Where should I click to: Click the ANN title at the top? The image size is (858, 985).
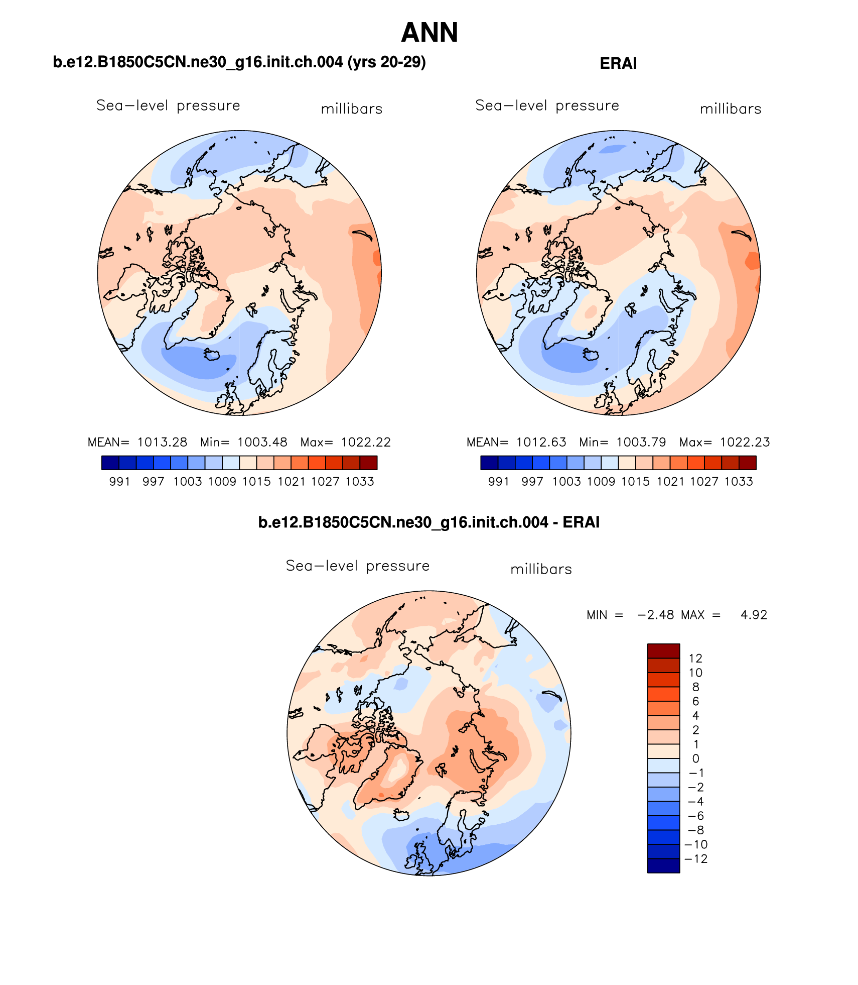click(x=430, y=33)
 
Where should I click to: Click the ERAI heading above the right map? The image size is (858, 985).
click(x=618, y=64)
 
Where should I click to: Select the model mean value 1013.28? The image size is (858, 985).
click(x=162, y=442)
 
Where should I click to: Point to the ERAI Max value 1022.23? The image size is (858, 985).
click(x=745, y=442)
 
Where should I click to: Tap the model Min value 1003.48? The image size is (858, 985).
click(x=262, y=442)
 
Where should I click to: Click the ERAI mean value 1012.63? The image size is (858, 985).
click(x=541, y=442)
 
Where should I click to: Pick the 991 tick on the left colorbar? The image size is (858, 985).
click(x=119, y=481)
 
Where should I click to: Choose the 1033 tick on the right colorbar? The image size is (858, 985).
click(x=739, y=481)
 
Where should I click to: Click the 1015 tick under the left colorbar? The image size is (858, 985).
click(x=256, y=481)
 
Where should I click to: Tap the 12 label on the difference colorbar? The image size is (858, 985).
click(x=695, y=659)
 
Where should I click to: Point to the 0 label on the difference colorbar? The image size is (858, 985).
click(x=695, y=758)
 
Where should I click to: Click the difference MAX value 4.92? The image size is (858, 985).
click(x=754, y=615)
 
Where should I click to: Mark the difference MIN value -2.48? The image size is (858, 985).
click(x=655, y=615)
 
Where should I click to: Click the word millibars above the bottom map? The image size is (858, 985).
click(x=541, y=569)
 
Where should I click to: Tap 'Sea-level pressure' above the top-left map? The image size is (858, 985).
click(x=168, y=105)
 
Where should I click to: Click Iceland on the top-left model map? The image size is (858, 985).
click(x=212, y=355)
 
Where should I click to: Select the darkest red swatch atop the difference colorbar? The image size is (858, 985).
click(x=663, y=651)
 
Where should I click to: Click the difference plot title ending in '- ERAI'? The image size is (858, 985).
click(x=428, y=522)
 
